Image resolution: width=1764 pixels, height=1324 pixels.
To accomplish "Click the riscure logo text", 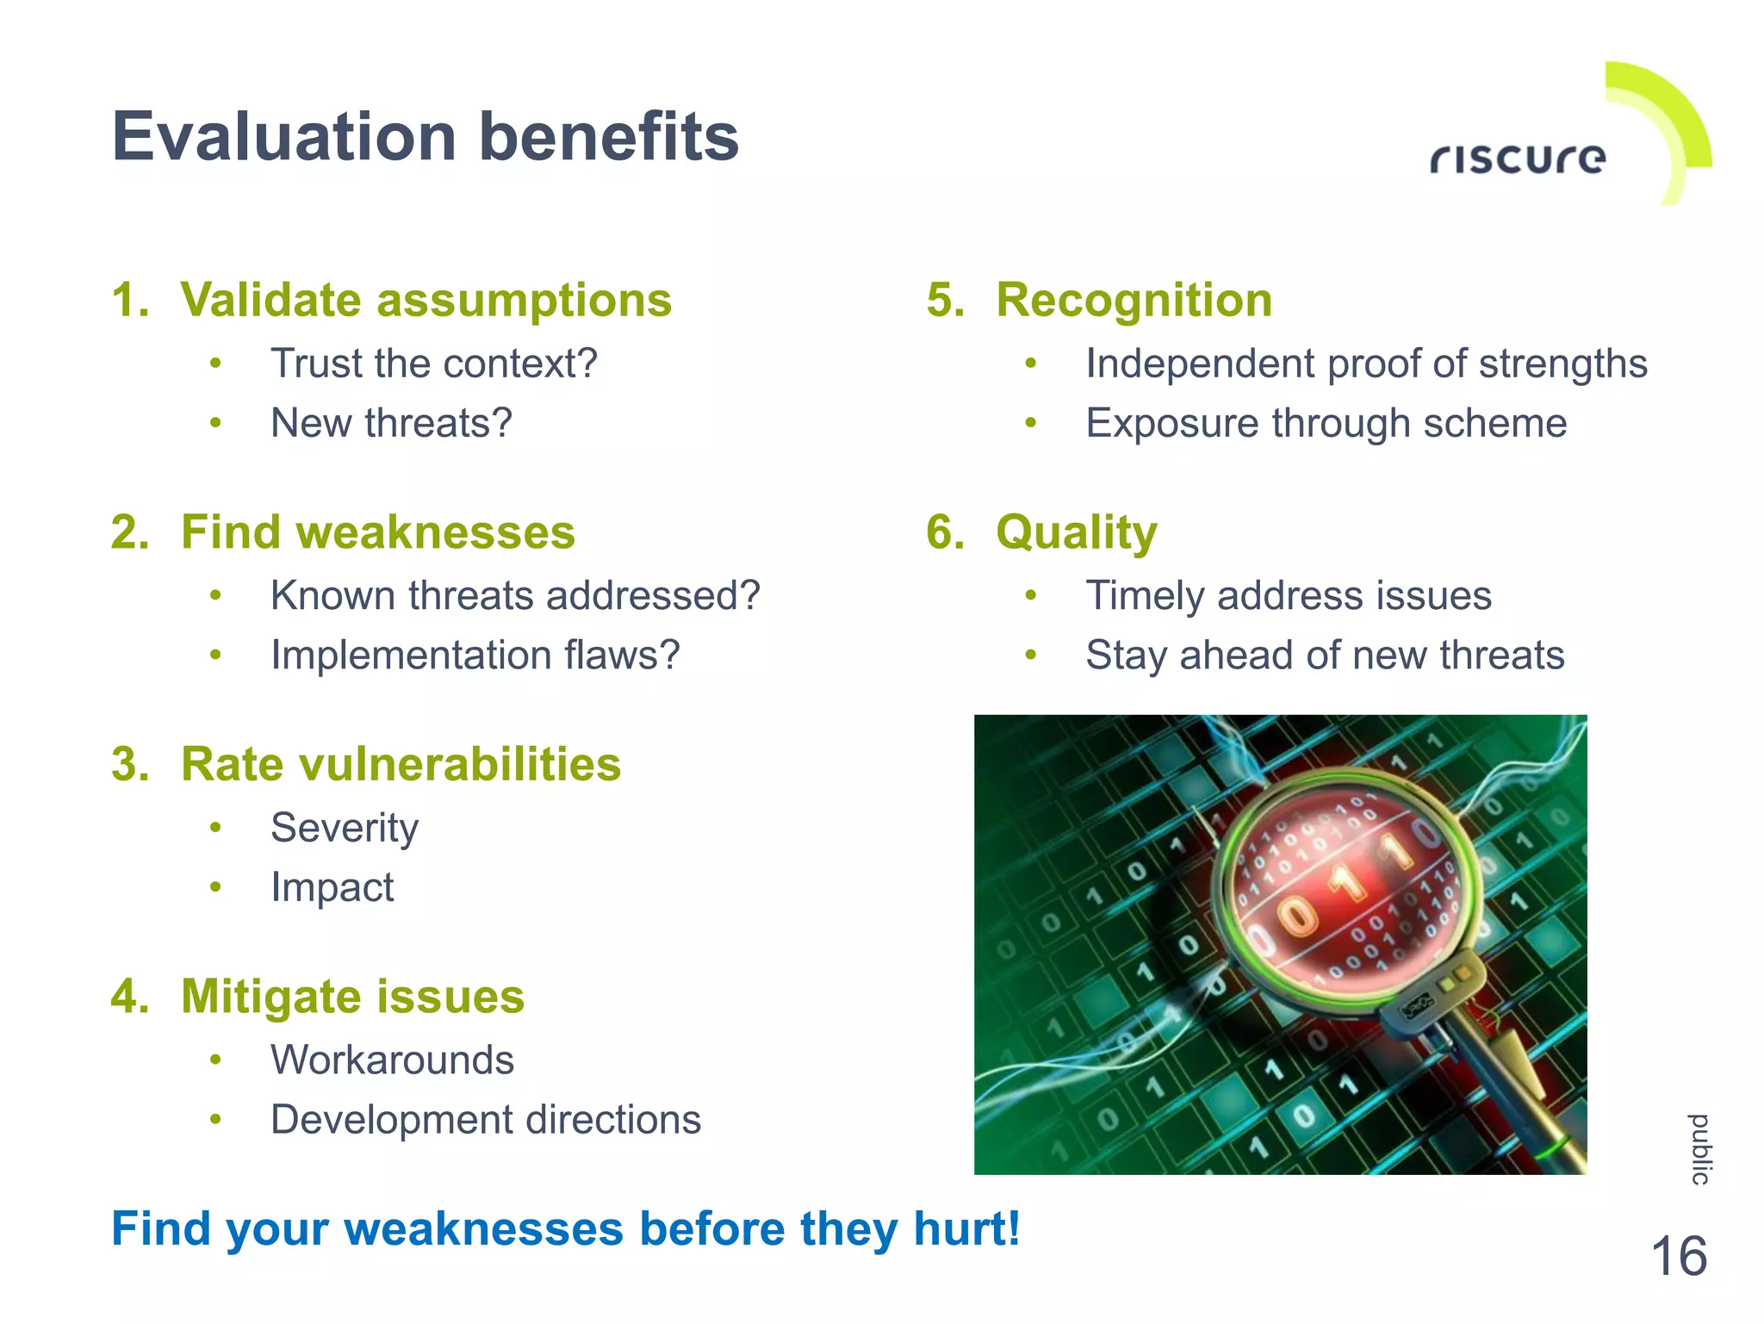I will point(1518,159).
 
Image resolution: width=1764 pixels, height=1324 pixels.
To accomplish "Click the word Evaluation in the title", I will point(284,138).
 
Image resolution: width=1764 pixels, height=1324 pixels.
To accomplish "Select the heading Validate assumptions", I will point(425,301).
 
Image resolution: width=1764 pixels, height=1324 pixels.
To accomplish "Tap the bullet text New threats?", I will point(391,423).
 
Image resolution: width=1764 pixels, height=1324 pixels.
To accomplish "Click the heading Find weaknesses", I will point(377,532).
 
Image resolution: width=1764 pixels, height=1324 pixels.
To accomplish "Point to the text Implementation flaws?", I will point(475,656).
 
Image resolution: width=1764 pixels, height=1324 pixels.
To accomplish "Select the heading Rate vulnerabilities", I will point(401,765).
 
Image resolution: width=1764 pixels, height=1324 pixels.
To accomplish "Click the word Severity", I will point(345,829).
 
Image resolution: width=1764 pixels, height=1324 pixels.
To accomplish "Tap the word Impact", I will point(332,888).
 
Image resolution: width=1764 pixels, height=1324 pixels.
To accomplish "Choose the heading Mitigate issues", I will point(352,997).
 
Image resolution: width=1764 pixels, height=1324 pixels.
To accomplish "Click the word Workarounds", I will point(392,1060).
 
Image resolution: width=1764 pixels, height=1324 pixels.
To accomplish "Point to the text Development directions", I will point(486,1120).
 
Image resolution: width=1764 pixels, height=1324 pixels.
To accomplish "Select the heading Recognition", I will point(1134,301).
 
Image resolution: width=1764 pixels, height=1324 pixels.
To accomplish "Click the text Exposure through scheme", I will point(1326,423).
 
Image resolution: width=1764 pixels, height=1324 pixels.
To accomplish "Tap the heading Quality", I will point(1076,532).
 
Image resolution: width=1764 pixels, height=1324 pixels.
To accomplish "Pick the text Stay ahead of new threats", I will point(1325,656).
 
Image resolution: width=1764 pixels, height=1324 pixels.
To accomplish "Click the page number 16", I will point(1678,1257).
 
